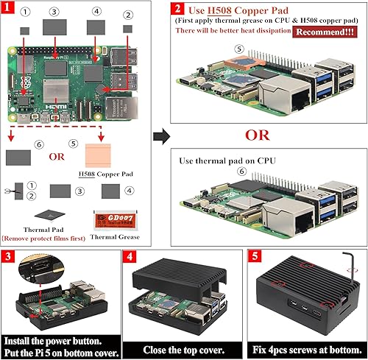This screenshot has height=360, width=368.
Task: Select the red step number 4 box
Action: point(130,258)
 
